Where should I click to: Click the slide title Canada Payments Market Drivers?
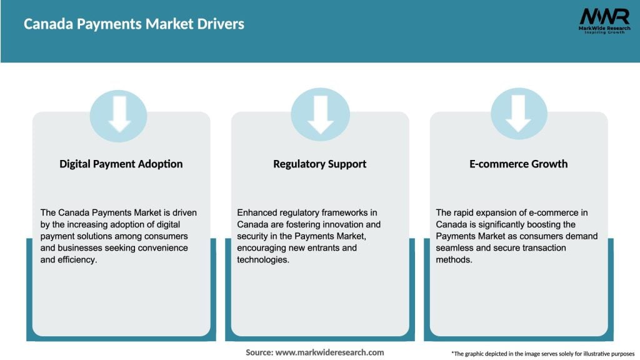[134, 24]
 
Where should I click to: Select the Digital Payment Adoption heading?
[121, 164]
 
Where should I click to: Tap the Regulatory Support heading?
[319, 164]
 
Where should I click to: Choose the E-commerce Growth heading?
[519, 164]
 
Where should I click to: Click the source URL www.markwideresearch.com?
[329, 352]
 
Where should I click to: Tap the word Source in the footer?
[259, 352]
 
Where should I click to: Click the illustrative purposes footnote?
[542, 354]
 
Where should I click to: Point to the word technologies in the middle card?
[264, 260]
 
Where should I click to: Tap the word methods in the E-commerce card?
[454, 260]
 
